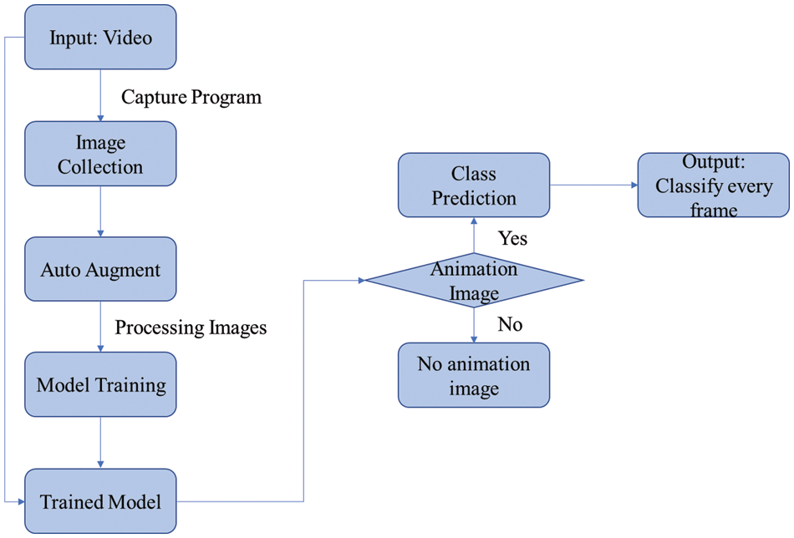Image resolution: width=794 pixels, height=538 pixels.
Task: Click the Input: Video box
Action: [x=100, y=38]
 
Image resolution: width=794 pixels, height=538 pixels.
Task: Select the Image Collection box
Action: [x=100, y=154]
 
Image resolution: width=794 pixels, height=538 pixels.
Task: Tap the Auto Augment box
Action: [x=100, y=270]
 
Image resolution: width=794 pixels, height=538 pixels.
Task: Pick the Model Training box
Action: [x=100, y=385]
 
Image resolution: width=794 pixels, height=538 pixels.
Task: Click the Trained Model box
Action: [x=100, y=501]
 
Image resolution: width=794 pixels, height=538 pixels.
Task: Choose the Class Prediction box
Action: [x=473, y=185]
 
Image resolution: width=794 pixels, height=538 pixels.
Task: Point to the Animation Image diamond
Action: [x=474, y=281]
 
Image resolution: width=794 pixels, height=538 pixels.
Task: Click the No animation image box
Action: [x=474, y=375]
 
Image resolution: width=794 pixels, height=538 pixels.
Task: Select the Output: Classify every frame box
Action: [x=713, y=185]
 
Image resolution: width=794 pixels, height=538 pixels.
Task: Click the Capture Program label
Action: [x=191, y=97]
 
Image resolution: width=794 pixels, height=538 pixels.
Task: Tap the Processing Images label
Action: [x=191, y=327]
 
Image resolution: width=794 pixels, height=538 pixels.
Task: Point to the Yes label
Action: [x=512, y=238]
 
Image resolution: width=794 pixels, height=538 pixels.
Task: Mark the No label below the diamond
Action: [x=510, y=324]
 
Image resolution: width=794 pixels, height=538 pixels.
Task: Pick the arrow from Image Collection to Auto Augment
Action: [x=100, y=211]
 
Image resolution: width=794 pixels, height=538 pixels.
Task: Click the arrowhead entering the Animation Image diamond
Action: [x=359, y=281]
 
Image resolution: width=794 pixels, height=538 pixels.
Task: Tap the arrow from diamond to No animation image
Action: [x=474, y=326]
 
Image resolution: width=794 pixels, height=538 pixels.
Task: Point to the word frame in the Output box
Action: [x=713, y=209]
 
